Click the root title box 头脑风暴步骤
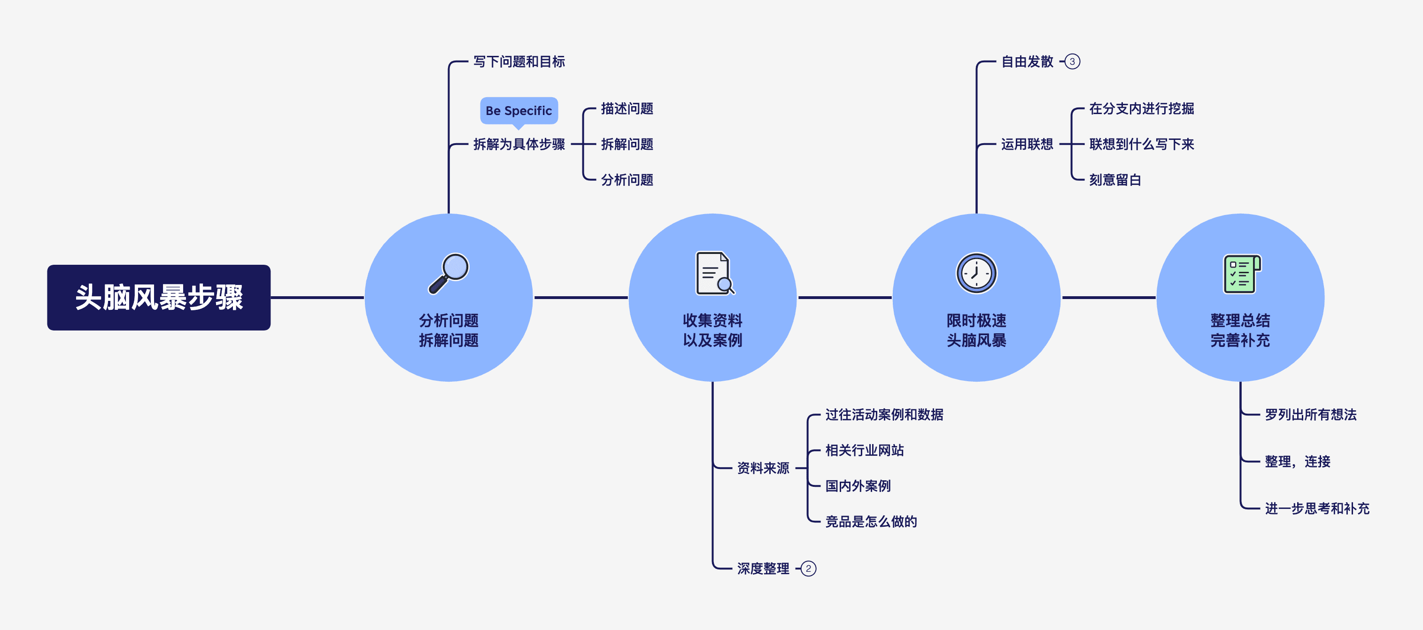[x=159, y=298]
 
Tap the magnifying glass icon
[x=449, y=273]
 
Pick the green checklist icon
[x=1241, y=273]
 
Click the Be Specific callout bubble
[x=518, y=111]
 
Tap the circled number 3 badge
[x=1072, y=62]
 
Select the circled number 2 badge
[x=808, y=569]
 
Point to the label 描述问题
[x=627, y=109]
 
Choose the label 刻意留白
[x=1115, y=180]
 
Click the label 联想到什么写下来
[x=1141, y=145]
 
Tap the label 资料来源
[x=763, y=468]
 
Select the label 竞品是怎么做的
[x=871, y=522]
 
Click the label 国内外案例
[x=858, y=486]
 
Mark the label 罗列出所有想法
[x=1310, y=415]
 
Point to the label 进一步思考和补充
[x=1317, y=508]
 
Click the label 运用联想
[x=1027, y=145]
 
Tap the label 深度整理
[x=763, y=569]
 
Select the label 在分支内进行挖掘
[x=1141, y=109]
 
